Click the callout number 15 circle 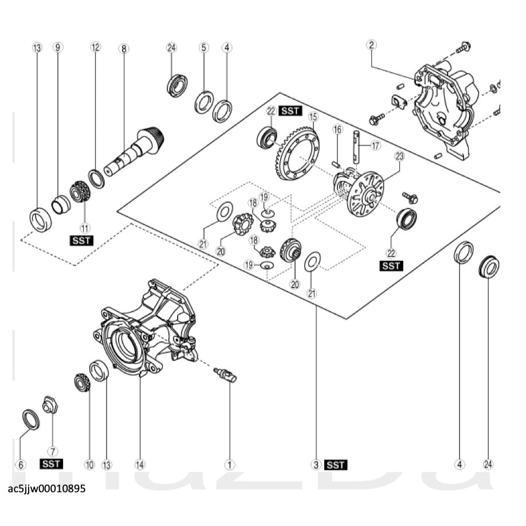click(312, 117)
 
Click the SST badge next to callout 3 click(335, 465)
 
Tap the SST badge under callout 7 click(51, 463)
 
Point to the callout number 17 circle click(375, 146)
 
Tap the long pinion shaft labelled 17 click(356, 146)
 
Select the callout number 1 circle click(229, 464)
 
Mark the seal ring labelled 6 click(30, 419)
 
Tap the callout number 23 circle click(399, 156)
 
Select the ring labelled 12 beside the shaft click(96, 178)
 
